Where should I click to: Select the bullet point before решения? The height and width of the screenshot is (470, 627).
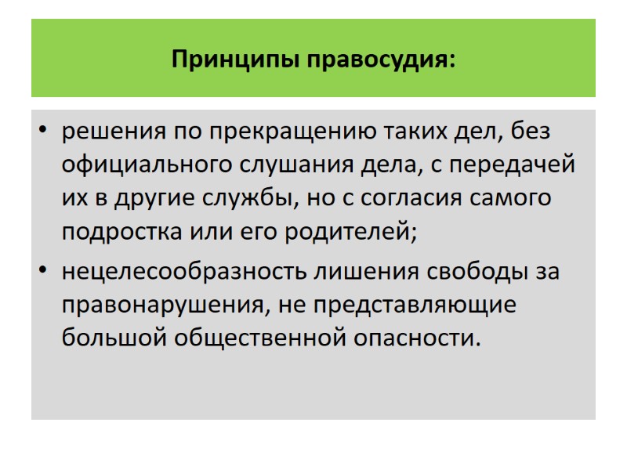click(43, 131)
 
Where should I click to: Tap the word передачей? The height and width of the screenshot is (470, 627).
click(521, 165)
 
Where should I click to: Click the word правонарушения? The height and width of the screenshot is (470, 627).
click(164, 305)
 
